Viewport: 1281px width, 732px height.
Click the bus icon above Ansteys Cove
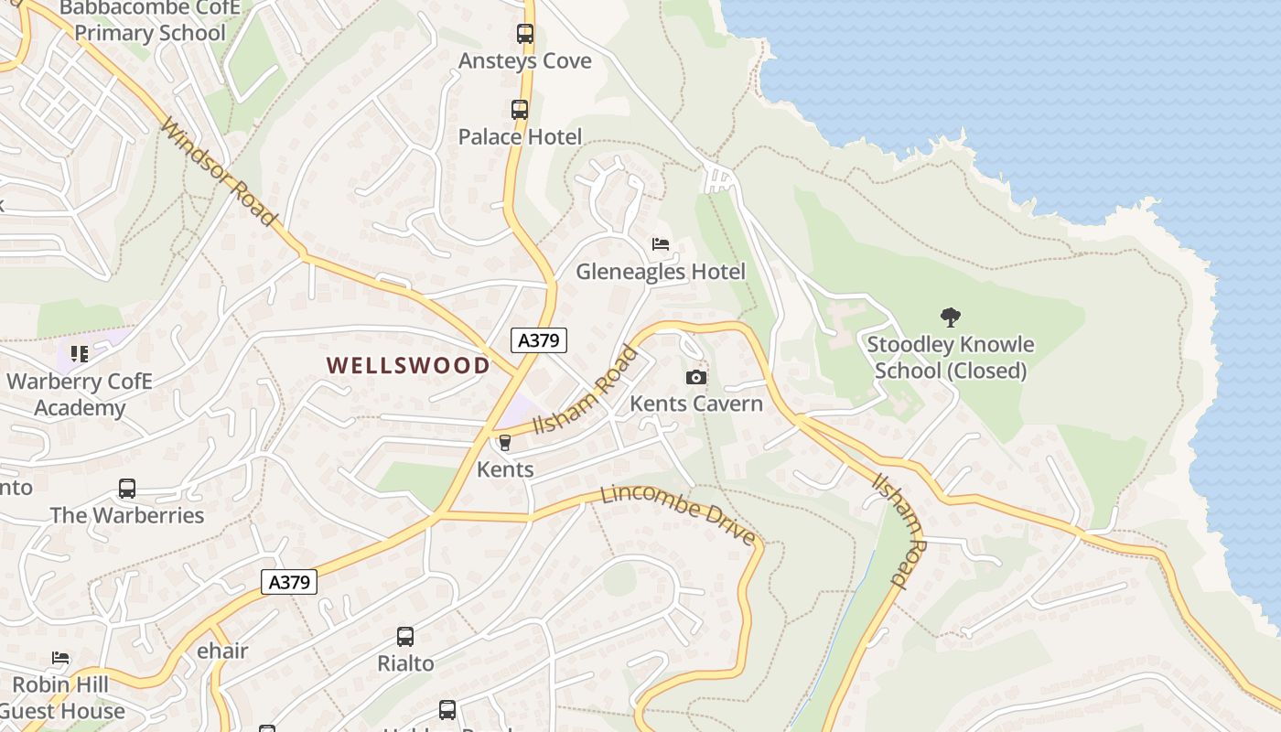click(524, 34)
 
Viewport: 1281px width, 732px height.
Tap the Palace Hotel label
click(520, 137)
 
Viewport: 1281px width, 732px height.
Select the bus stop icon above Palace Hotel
click(520, 110)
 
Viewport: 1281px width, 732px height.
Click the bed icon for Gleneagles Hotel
click(661, 244)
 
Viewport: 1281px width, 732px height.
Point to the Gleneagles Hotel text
click(660, 272)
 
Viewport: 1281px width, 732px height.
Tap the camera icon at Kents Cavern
click(696, 377)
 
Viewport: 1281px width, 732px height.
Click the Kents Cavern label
click(696, 404)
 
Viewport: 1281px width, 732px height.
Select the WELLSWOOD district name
click(408, 366)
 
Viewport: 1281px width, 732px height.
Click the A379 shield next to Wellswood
click(539, 340)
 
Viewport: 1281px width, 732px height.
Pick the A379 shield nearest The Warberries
click(289, 582)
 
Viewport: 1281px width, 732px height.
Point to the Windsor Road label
click(217, 171)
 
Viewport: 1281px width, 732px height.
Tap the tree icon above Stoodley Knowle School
click(951, 318)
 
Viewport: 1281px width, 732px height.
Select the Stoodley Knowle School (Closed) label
click(951, 358)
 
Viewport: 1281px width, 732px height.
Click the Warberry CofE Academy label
click(80, 394)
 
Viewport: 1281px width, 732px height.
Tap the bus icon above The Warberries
click(127, 489)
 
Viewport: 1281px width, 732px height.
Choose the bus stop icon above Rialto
click(405, 637)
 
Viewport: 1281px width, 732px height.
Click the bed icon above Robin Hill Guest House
click(60, 658)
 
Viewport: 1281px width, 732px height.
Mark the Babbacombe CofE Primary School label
click(150, 21)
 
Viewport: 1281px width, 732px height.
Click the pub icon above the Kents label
click(504, 443)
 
